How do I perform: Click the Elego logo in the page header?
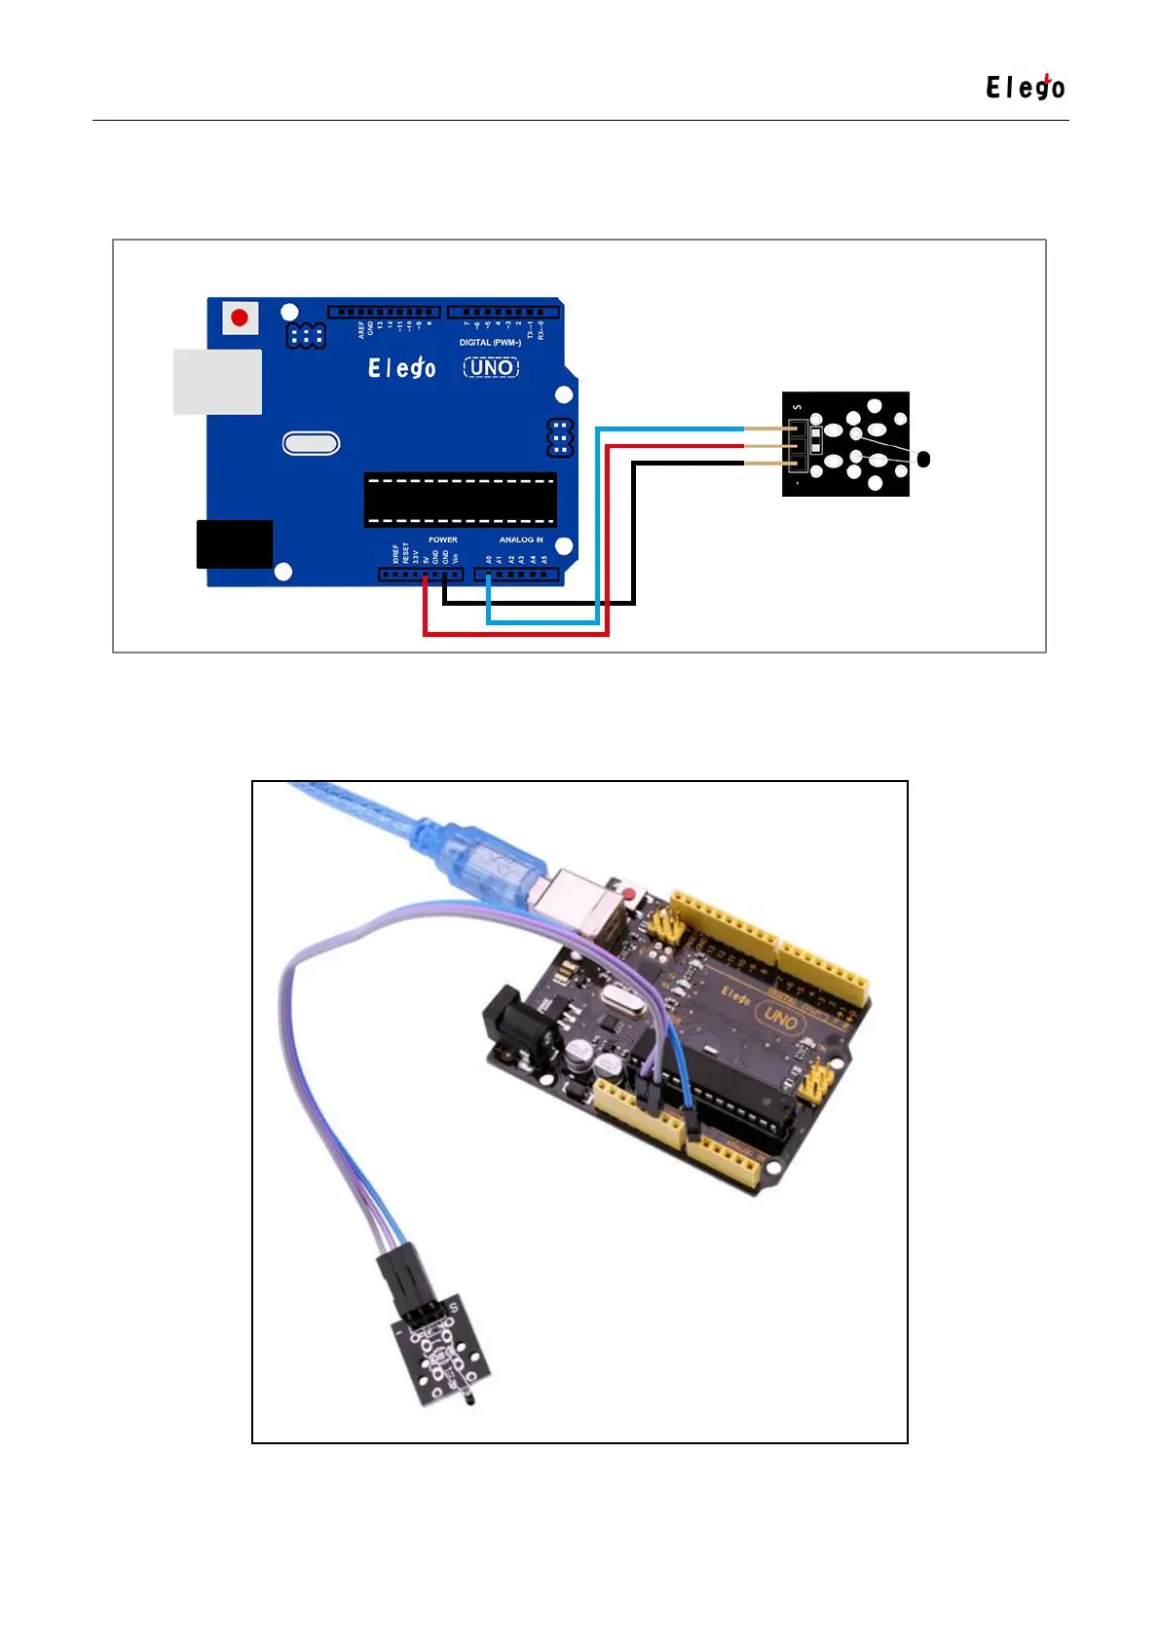(x=1025, y=88)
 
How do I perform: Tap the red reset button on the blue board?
(x=240, y=317)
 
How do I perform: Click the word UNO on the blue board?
(x=492, y=367)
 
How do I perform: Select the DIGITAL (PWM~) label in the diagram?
(x=490, y=343)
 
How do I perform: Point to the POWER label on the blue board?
(x=442, y=540)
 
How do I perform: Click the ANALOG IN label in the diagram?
(x=521, y=540)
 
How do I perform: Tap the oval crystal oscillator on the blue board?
(x=311, y=444)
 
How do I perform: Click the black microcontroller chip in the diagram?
(x=460, y=500)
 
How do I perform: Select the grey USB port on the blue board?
(x=217, y=382)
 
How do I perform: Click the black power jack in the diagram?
(x=235, y=543)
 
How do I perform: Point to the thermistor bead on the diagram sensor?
(x=923, y=459)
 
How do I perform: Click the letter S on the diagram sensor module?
(x=797, y=407)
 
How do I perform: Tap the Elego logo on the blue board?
(x=401, y=367)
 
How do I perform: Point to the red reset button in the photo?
(x=629, y=893)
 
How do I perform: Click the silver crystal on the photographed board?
(x=624, y=1000)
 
